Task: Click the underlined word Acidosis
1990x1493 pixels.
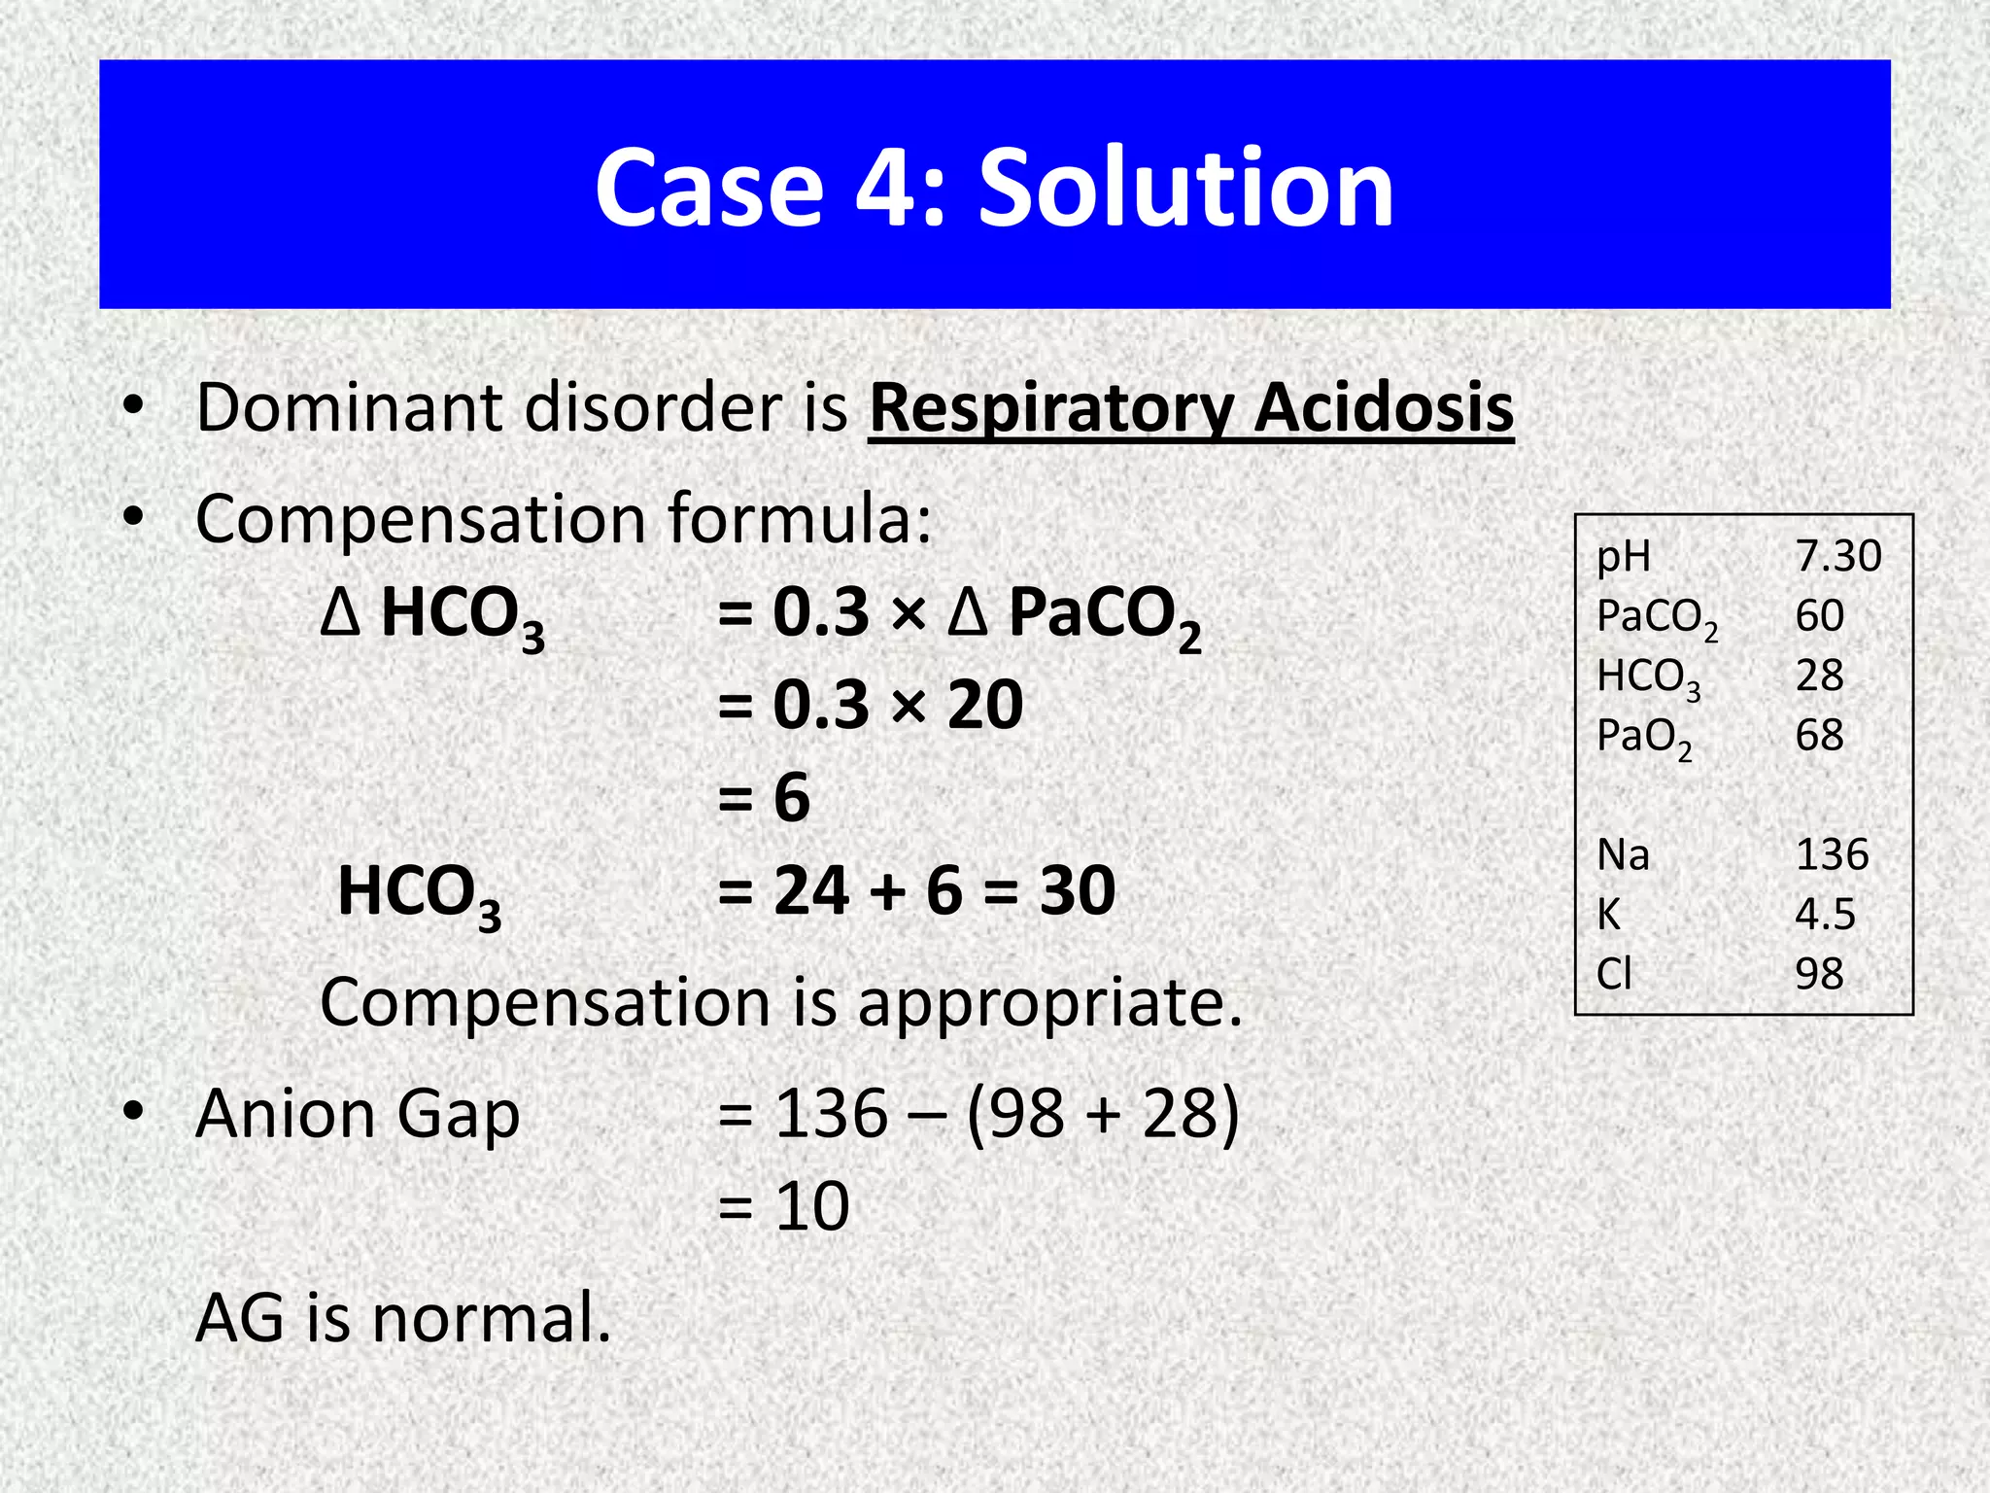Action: tap(1384, 408)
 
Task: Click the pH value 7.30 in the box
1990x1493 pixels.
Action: tap(1837, 556)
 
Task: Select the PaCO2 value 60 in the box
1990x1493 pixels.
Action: tap(1819, 615)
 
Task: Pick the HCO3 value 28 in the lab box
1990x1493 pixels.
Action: tap(1819, 675)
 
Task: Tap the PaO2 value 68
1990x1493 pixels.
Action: tap(1819, 735)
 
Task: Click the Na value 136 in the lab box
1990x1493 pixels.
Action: tap(1832, 854)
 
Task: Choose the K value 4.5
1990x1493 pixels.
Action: tap(1825, 914)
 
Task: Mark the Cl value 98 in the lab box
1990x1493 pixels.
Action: tap(1819, 973)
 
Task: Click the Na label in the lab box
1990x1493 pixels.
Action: tap(1623, 854)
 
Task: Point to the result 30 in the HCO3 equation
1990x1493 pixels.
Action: tap(1077, 890)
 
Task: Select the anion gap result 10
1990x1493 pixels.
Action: tap(812, 1206)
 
